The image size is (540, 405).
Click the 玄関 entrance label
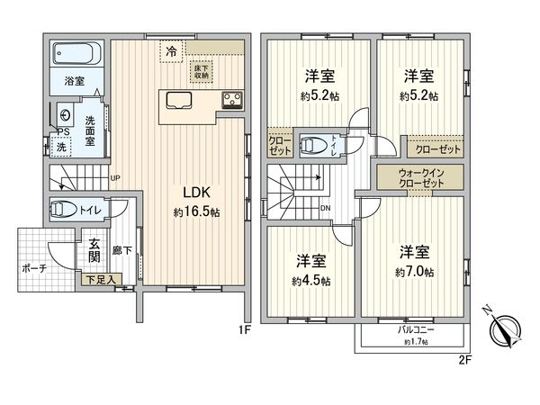point(94,249)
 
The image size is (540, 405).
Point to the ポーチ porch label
point(33,268)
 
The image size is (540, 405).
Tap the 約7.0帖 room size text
point(414,272)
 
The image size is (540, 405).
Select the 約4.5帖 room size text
point(311,281)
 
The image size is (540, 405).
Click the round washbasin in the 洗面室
point(67,116)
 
